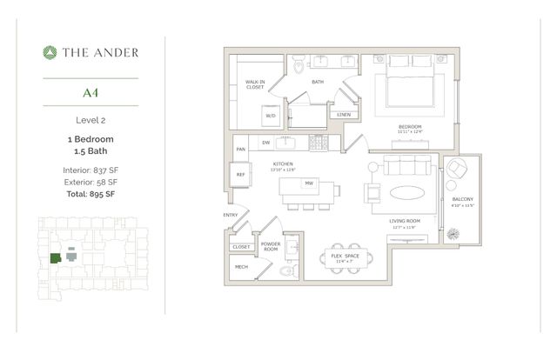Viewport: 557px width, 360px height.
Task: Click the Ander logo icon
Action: pyautogui.click(x=50, y=52)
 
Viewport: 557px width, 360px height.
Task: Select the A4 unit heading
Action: pyautogui.click(x=90, y=90)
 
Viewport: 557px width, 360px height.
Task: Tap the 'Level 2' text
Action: pyautogui.click(x=90, y=119)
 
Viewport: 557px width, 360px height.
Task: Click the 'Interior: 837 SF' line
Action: pyautogui.click(x=90, y=170)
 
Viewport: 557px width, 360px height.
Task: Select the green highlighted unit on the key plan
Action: pyautogui.click(x=55, y=257)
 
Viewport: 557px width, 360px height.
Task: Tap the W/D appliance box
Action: pyautogui.click(x=270, y=115)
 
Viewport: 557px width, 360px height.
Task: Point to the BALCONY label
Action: pyautogui.click(x=462, y=199)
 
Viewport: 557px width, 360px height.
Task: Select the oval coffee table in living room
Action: pyautogui.click(x=407, y=192)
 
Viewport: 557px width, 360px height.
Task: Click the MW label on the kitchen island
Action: pyautogui.click(x=308, y=183)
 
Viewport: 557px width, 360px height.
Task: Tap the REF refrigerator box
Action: pyautogui.click(x=241, y=174)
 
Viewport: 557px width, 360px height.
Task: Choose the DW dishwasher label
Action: pyautogui.click(x=266, y=143)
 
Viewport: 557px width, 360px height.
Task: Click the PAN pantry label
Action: pyautogui.click(x=240, y=149)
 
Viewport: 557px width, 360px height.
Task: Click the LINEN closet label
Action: pyautogui.click(x=344, y=114)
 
